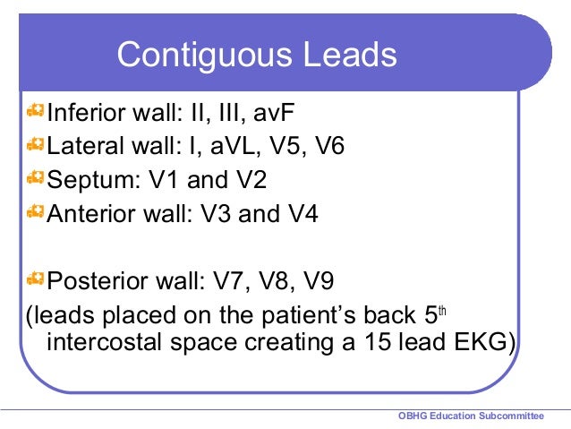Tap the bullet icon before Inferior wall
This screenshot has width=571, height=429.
coord(36,112)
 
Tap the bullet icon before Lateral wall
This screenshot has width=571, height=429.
coord(36,145)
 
